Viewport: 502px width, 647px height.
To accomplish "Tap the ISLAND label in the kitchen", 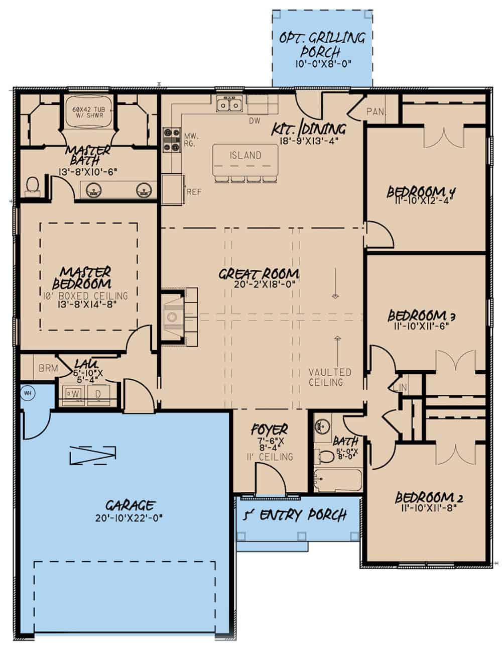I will (245, 155).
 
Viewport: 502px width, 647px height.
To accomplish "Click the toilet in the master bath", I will (33, 185).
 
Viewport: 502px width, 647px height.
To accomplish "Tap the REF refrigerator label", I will (194, 192).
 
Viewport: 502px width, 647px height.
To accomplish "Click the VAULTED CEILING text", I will (330, 377).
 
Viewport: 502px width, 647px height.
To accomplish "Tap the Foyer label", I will (269, 429).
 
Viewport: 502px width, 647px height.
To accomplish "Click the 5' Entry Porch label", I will (295, 515).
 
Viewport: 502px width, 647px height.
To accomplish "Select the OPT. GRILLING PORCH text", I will (322, 44).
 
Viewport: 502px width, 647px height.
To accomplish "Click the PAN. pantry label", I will (375, 111).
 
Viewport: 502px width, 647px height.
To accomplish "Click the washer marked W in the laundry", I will (75, 394).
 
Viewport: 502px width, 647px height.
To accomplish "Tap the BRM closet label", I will (48, 368).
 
